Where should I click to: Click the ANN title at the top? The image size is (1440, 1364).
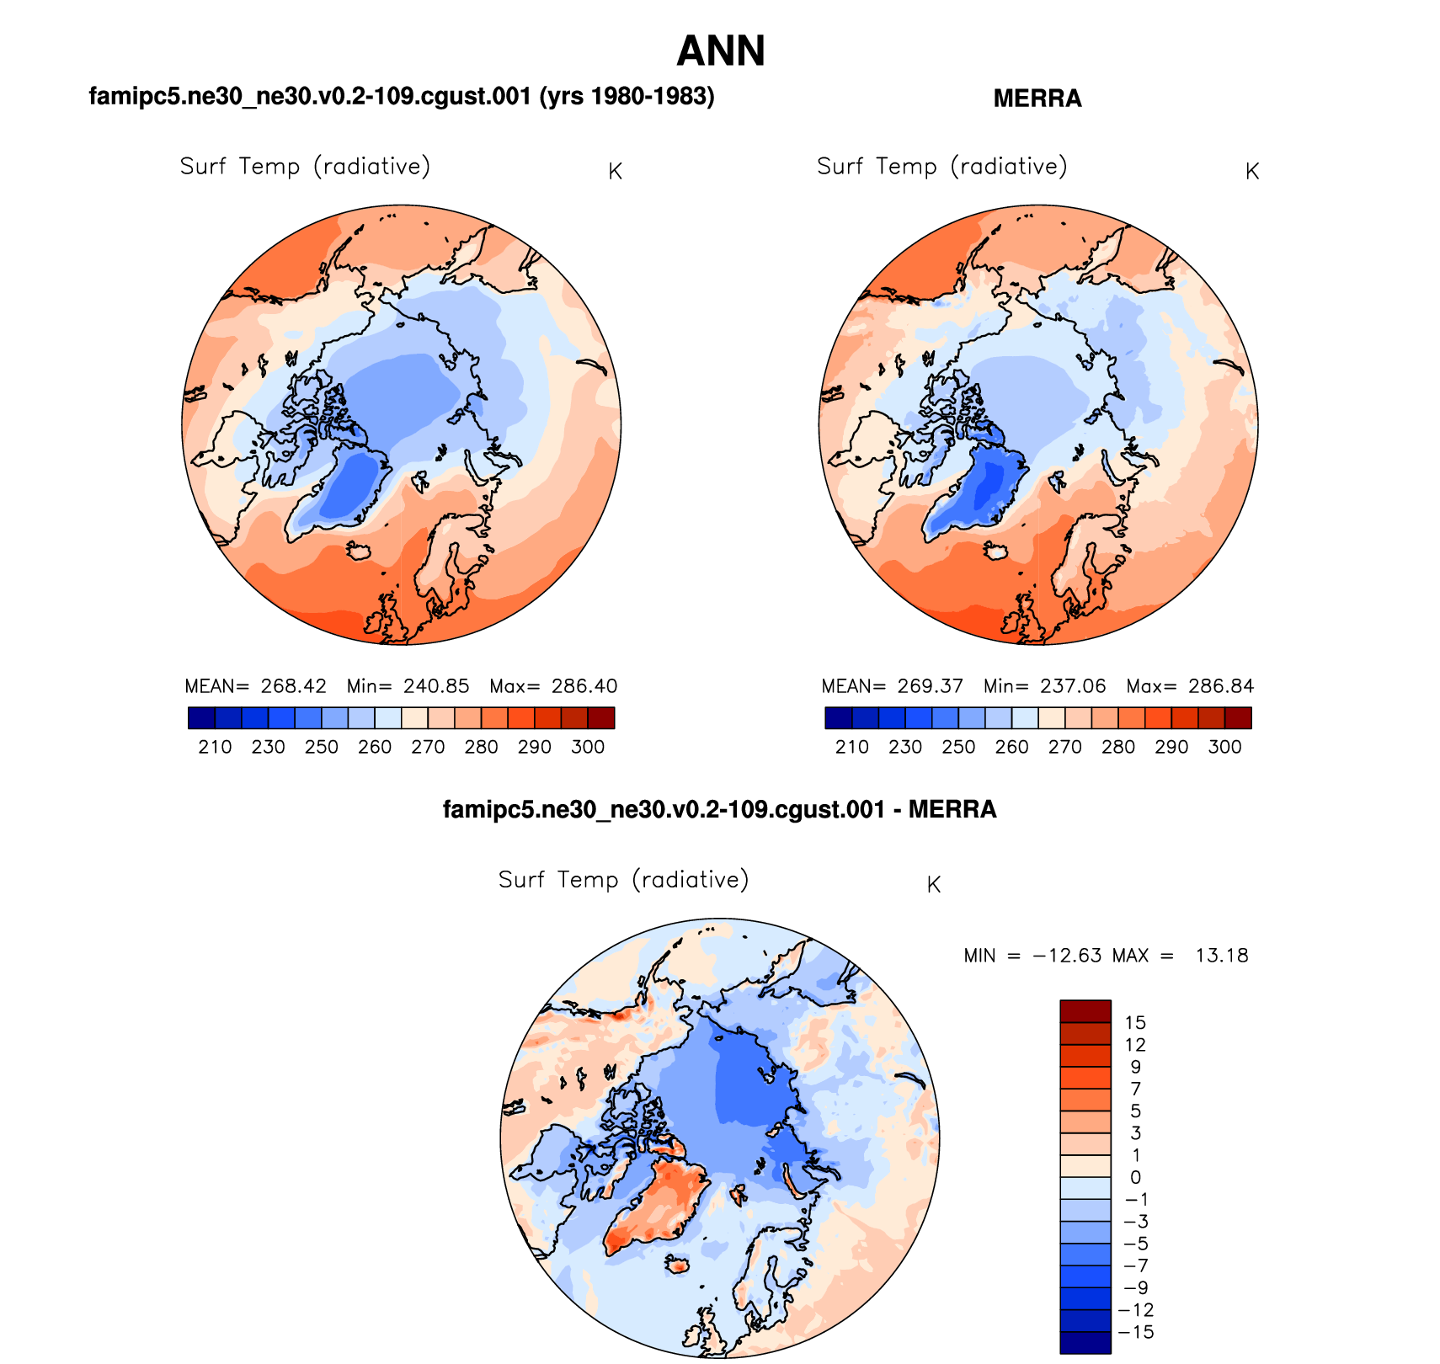coord(720,51)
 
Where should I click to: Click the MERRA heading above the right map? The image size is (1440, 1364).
coord(1037,99)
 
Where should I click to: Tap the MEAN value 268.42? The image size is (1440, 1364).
coord(293,686)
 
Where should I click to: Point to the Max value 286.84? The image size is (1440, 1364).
coord(1221,686)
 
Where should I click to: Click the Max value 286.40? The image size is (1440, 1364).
coord(584,686)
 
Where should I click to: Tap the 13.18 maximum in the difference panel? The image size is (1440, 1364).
coord(1221,956)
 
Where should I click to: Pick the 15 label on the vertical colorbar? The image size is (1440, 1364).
coord(1135,1023)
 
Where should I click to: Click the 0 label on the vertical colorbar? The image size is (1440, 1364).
coord(1135,1177)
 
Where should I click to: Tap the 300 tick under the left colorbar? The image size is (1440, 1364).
coord(588,747)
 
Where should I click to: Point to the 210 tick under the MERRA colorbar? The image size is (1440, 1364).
coord(851,747)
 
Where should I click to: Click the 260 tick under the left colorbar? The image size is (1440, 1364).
coord(375,747)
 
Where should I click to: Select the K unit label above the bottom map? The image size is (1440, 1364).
coord(933,885)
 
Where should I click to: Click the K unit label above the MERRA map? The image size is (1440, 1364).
coord(1252,172)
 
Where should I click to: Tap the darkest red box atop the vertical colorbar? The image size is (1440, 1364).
coord(1085,1010)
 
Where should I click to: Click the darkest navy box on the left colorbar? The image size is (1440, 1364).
coord(201,717)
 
